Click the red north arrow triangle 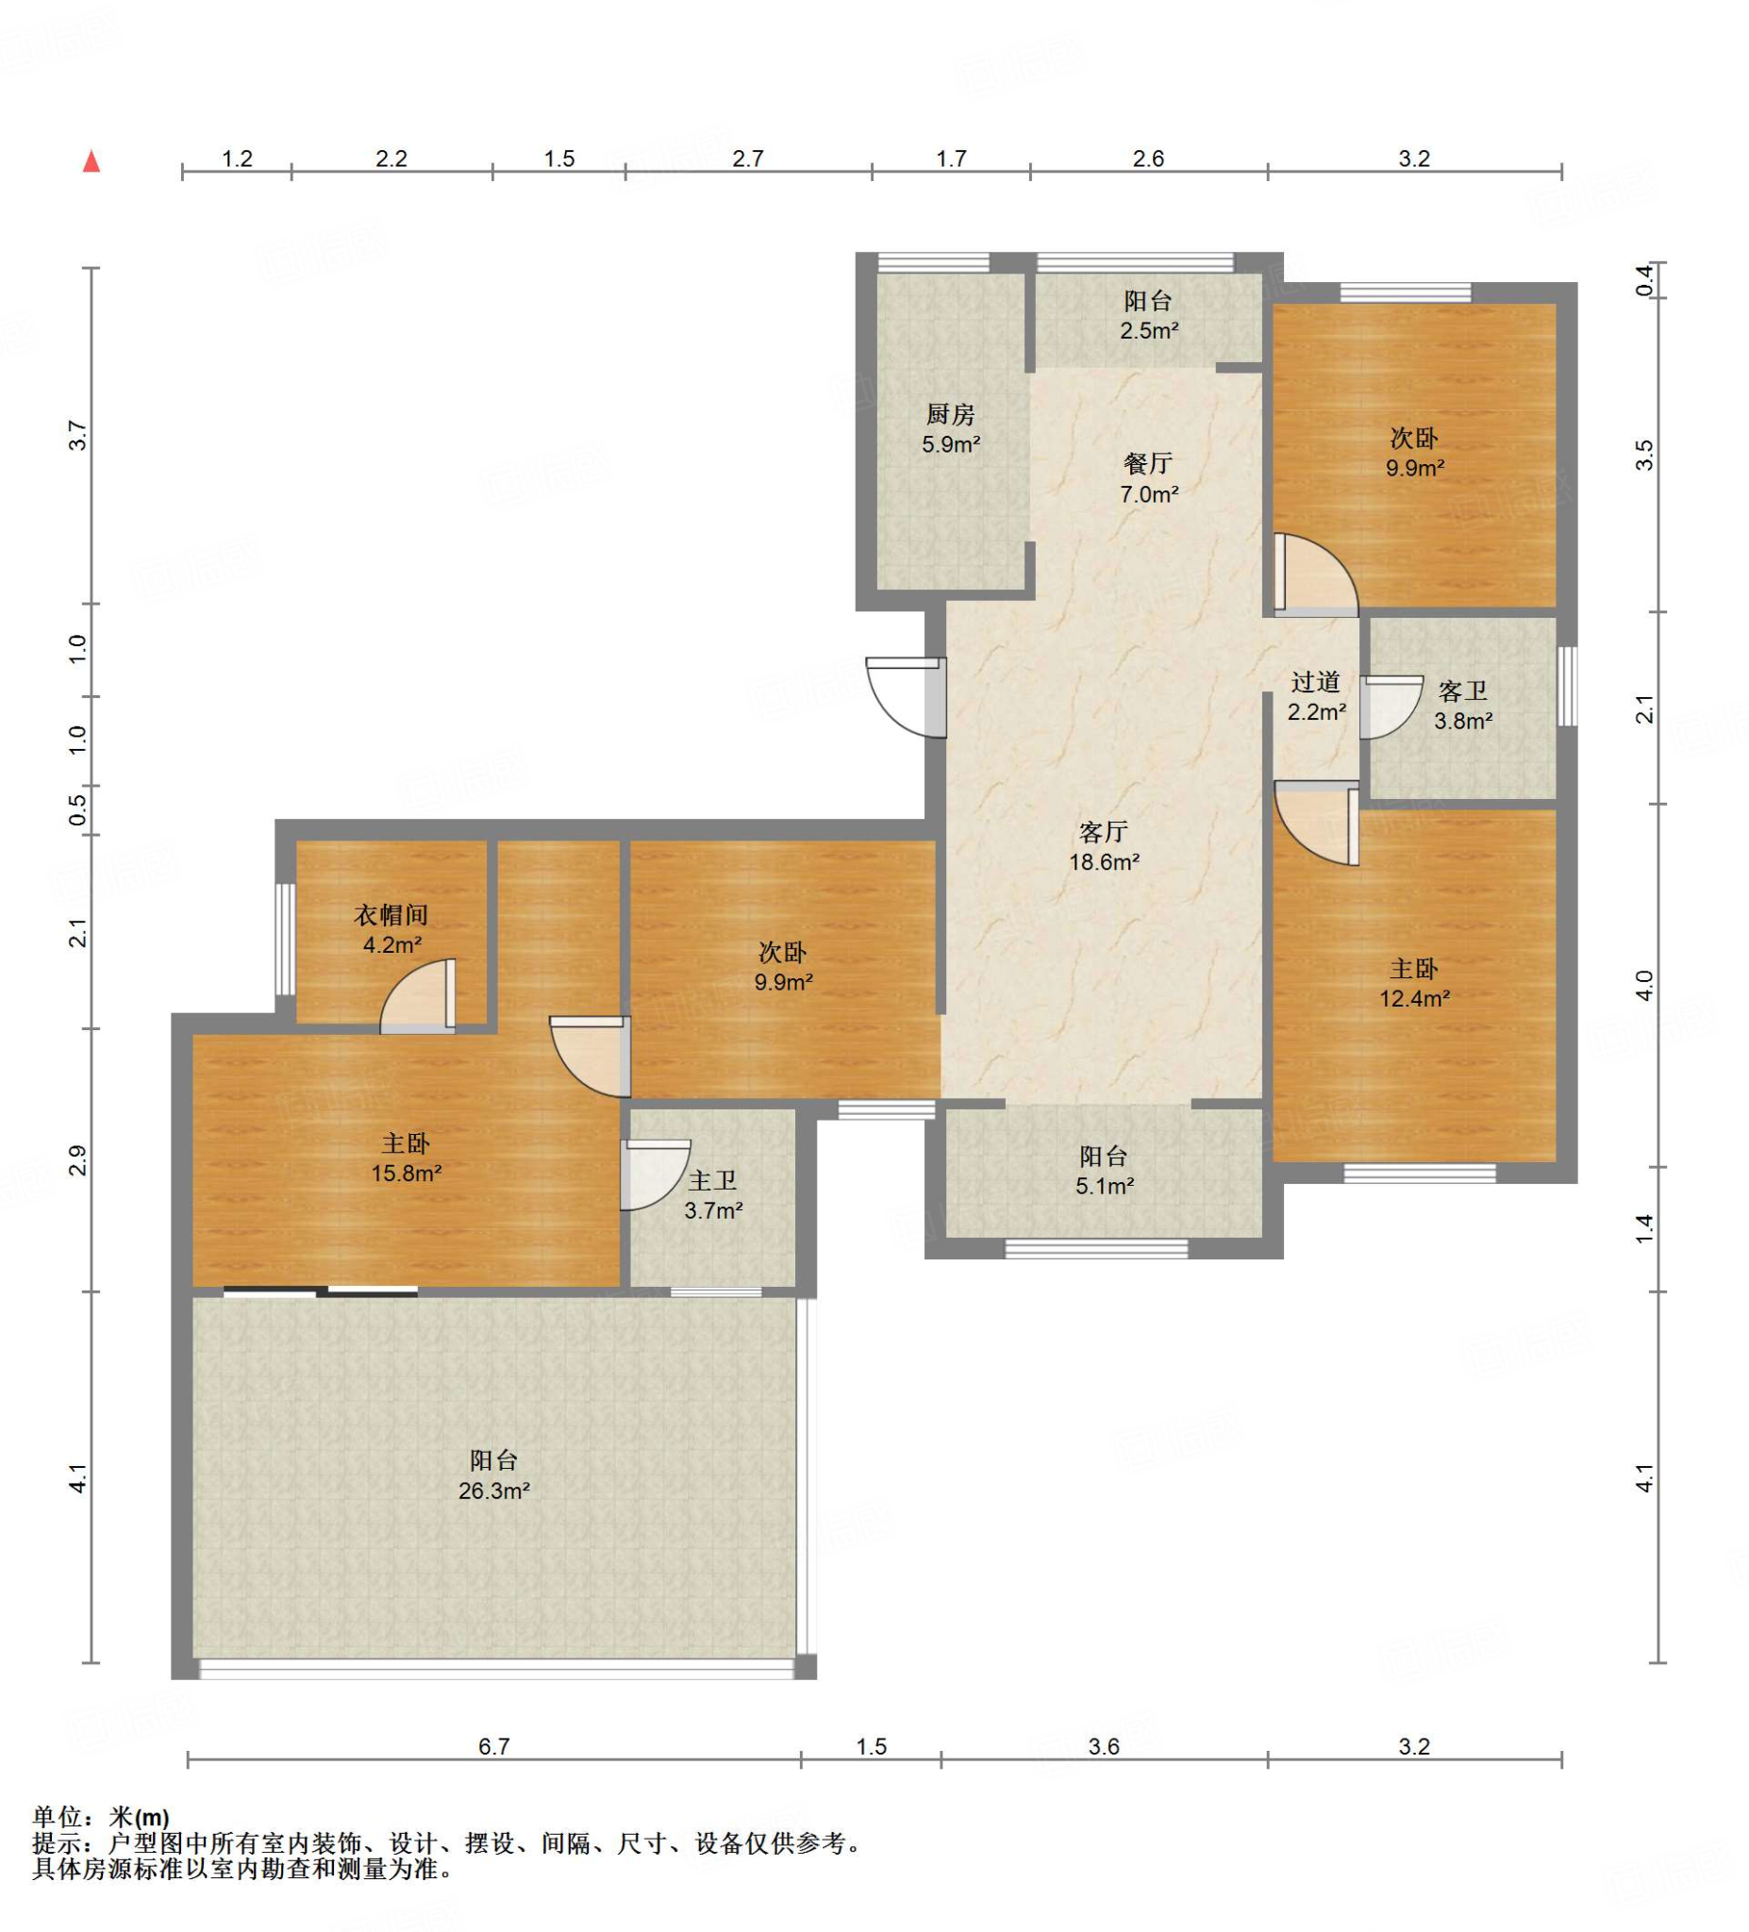point(92,161)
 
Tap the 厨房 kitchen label point(950,414)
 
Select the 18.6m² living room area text point(1104,861)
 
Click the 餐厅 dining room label point(1148,464)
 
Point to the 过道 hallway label point(1315,682)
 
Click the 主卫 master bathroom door point(656,1174)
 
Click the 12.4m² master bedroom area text point(1413,999)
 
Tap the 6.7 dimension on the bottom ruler point(493,1746)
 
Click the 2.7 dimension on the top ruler point(747,158)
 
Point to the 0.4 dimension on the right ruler point(1644,279)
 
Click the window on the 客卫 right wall point(1566,686)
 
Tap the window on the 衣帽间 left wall point(285,940)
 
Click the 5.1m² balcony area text point(1104,1187)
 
